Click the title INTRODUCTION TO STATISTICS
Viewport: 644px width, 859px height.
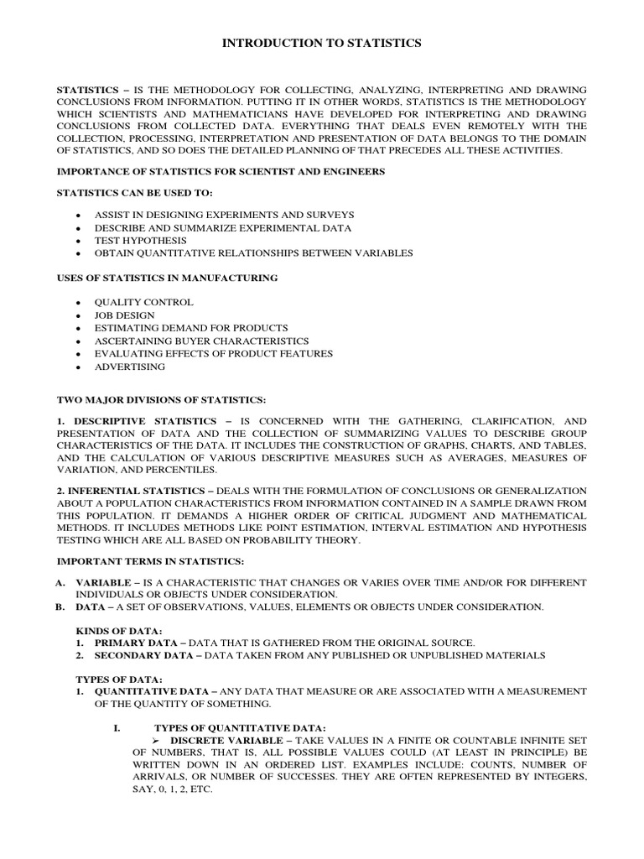pos(321,43)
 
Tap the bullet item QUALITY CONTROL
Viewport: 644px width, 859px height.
pos(143,302)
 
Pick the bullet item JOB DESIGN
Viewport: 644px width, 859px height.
pos(124,315)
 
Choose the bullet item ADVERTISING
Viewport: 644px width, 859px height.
pos(130,367)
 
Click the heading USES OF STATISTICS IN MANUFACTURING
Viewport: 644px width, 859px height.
pos(167,277)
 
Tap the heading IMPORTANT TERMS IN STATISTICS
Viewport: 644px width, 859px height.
pos(150,560)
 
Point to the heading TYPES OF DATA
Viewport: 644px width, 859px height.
pos(117,678)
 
